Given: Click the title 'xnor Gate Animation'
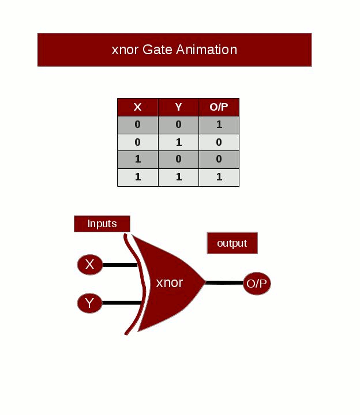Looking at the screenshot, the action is tap(174, 50).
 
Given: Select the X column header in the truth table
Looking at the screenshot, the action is tap(137, 107).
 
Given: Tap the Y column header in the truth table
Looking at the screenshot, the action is tap(178, 107).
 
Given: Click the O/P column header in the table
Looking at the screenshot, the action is tap(219, 107).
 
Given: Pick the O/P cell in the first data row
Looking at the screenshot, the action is tap(219, 124).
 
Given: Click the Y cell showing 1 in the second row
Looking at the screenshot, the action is tap(178, 142).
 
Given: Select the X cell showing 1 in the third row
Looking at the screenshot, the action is tap(137, 160).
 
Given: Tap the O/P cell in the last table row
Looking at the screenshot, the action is tap(219, 177).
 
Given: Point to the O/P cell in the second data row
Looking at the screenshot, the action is tap(219, 142).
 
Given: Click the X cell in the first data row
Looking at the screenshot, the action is tap(137, 124).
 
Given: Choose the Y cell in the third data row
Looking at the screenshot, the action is tap(178, 160).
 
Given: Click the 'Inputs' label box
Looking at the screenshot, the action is tap(102, 224).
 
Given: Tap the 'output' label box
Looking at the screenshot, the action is tap(232, 243).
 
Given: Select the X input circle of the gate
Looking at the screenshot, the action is tap(89, 265).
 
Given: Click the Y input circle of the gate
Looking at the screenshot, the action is tap(89, 303).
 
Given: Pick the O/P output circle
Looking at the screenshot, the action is tap(257, 284).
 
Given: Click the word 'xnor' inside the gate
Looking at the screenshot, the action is tap(170, 283).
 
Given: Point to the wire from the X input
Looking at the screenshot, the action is tap(119, 265).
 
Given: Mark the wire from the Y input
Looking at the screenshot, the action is tap(121, 303).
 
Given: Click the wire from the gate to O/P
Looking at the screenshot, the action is tap(224, 282).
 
